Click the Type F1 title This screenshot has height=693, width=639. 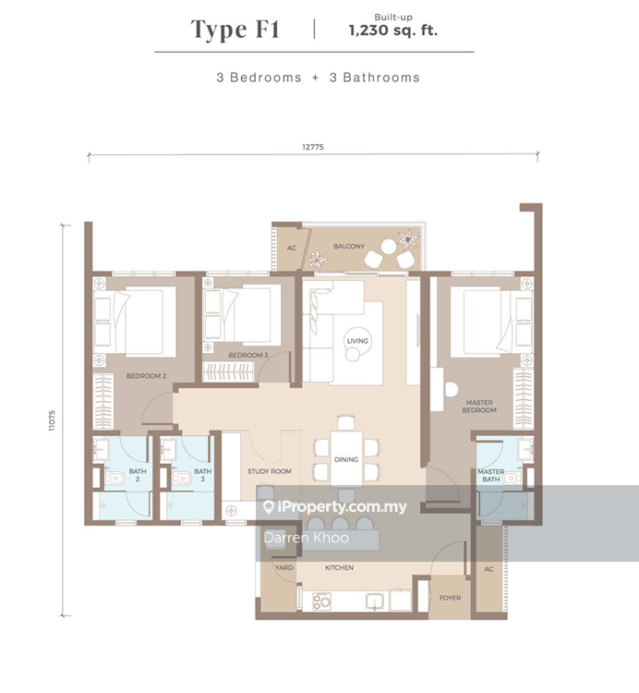pyautogui.click(x=235, y=30)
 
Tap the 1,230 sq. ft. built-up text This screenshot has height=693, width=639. pyautogui.click(x=393, y=30)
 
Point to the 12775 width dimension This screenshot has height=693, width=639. pyautogui.click(x=313, y=147)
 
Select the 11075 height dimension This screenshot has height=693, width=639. pyautogui.click(x=52, y=420)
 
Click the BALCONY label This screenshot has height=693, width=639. pyautogui.click(x=349, y=246)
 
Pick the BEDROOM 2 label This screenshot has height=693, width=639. pyautogui.click(x=146, y=376)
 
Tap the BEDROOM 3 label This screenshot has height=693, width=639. pyautogui.click(x=248, y=355)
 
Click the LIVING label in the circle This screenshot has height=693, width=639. pyautogui.click(x=357, y=341)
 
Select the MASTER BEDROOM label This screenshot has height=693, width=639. pyautogui.click(x=479, y=407)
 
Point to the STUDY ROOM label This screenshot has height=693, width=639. pyautogui.click(x=270, y=471)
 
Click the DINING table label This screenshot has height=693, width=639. pyautogui.click(x=346, y=459)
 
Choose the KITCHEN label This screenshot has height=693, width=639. pyautogui.click(x=339, y=567)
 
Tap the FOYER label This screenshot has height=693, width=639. pyautogui.click(x=450, y=598)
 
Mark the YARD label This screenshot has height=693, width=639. pyautogui.click(x=284, y=567)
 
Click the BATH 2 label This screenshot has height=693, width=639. pyautogui.click(x=138, y=475)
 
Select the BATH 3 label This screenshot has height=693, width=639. pyautogui.click(x=203, y=475)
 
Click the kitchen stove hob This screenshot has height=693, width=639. pyautogui.click(x=322, y=602)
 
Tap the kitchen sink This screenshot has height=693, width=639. pyautogui.click(x=375, y=602)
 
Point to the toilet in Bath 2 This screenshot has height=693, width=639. pyautogui.click(x=115, y=478)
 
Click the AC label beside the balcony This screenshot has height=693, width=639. pyautogui.click(x=292, y=248)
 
